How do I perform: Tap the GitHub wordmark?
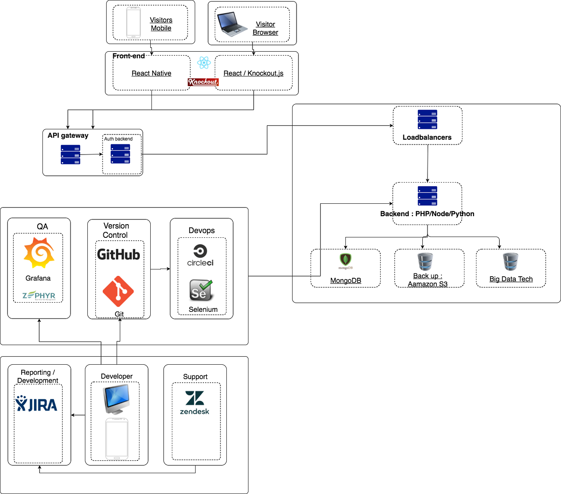[119, 255]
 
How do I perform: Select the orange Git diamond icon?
[118, 291]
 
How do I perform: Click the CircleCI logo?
[200, 255]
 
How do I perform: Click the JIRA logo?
[36, 404]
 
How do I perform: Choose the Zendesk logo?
[195, 403]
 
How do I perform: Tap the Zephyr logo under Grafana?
[39, 295]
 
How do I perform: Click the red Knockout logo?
[203, 82]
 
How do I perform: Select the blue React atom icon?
[204, 62]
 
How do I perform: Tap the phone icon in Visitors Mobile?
[133, 23]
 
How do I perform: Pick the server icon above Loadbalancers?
[428, 120]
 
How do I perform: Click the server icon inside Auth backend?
[120, 154]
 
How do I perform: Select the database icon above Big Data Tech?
[511, 262]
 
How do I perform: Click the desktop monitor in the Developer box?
[117, 399]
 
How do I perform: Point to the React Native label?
[151, 73]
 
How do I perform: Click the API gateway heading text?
[68, 135]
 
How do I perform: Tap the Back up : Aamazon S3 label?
[428, 280]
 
